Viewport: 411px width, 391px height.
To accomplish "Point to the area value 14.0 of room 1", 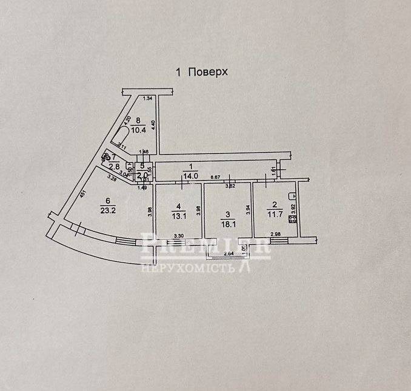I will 191,176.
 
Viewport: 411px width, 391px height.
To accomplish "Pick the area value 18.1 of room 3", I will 227,222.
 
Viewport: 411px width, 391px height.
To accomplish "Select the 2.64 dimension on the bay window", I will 228,254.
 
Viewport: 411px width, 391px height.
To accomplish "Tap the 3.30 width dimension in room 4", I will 178,236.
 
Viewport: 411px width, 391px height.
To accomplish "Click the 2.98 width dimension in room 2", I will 275,235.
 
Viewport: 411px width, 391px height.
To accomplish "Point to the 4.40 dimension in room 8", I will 153,124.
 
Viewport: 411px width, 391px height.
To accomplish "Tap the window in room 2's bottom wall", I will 279,241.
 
